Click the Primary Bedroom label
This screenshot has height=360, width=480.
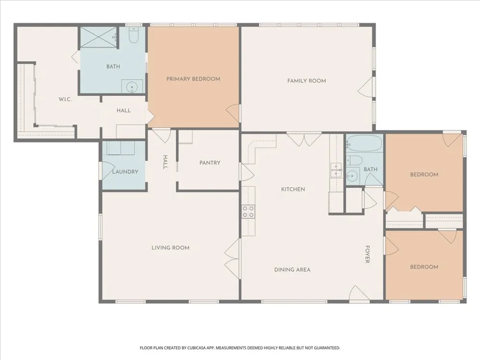click(x=193, y=79)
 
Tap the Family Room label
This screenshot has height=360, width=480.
click(x=306, y=81)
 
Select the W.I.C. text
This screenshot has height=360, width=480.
click(x=65, y=99)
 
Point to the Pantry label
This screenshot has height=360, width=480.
click(x=210, y=163)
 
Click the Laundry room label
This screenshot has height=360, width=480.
click(x=125, y=172)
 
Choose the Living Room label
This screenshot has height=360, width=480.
click(x=170, y=248)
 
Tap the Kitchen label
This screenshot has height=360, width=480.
click(x=293, y=189)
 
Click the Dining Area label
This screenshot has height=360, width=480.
click(x=292, y=270)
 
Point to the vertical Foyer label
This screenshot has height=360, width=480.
click(x=367, y=254)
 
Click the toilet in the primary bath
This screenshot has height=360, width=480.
click(x=134, y=35)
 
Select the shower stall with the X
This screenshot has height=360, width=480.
click(x=98, y=37)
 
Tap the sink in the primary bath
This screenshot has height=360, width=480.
click(x=132, y=86)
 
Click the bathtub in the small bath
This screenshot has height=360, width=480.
click(x=364, y=143)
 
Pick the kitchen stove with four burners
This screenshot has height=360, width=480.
click(x=248, y=212)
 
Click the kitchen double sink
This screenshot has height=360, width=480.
click(x=336, y=170)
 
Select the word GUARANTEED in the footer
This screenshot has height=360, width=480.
click(x=328, y=348)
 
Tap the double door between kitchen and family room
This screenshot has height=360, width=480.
click(x=304, y=139)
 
